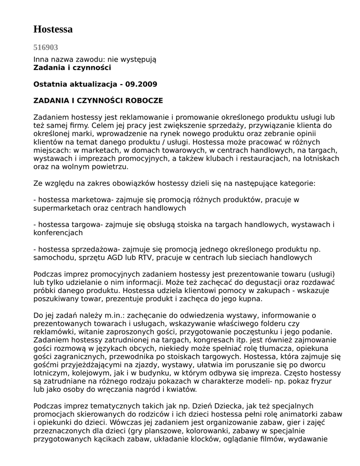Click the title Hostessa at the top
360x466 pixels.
click(x=53, y=30)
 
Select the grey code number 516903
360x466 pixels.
click(x=46, y=47)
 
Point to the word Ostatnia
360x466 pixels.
click(x=50, y=84)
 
